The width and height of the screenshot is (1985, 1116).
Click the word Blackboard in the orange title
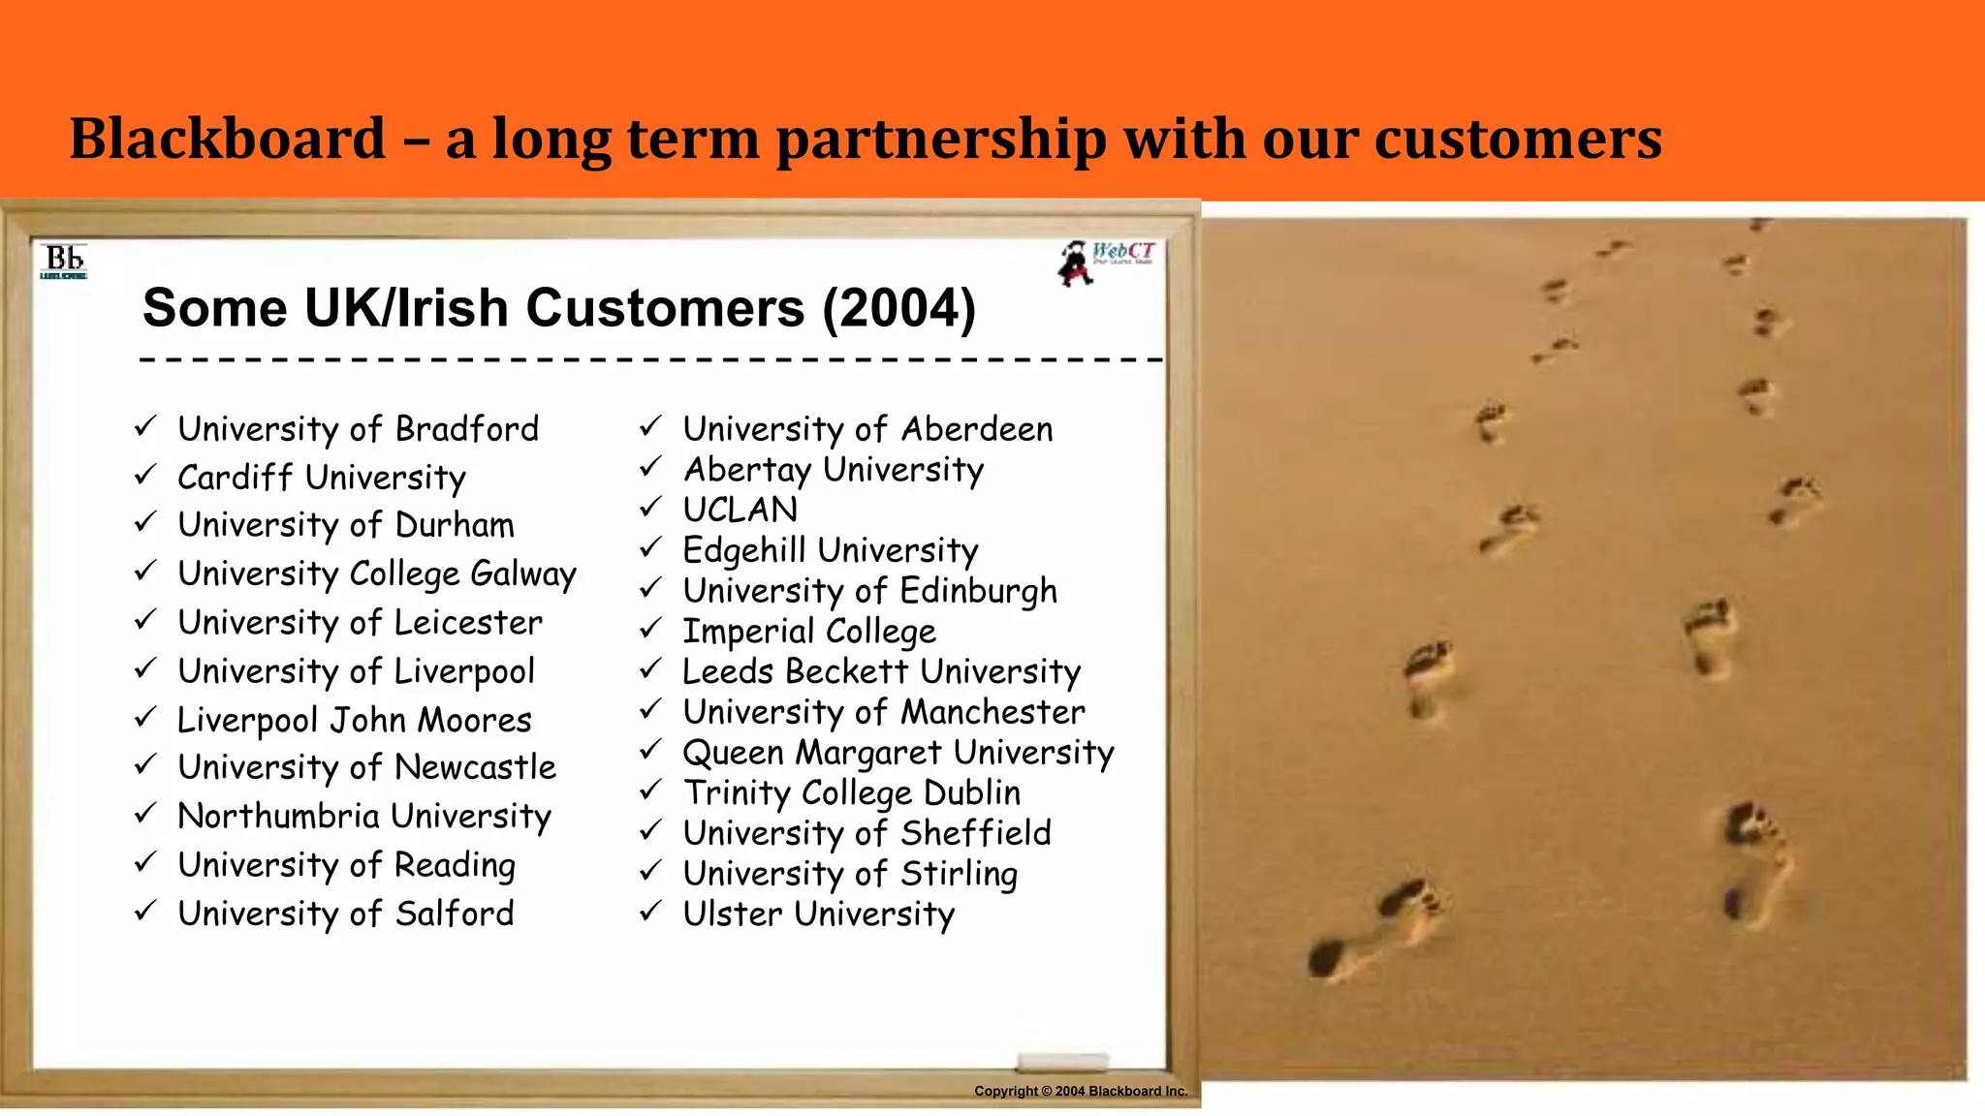(228, 139)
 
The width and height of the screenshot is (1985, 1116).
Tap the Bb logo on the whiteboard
(64, 261)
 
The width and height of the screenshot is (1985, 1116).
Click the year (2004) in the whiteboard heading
(898, 308)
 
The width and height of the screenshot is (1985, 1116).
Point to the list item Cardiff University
(321, 478)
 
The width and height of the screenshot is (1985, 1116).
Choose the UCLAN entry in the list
(740, 510)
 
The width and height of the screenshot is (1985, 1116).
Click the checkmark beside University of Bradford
(145, 426)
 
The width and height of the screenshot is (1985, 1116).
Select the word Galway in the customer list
(523, 574)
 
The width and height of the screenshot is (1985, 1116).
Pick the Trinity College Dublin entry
(851, 792)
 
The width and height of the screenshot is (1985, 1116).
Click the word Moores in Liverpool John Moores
(474, 720)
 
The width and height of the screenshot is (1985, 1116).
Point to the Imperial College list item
(809, 632)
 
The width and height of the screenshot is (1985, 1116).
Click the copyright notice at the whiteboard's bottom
(1081, 1091)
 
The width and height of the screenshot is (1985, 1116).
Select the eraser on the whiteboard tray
(1062, 1061)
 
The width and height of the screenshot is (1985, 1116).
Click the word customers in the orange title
(1518, 139)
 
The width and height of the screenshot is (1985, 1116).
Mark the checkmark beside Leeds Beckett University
(650, 668)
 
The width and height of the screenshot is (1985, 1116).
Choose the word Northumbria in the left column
(278, 816)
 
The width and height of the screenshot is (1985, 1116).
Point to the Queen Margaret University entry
(898, 753)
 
